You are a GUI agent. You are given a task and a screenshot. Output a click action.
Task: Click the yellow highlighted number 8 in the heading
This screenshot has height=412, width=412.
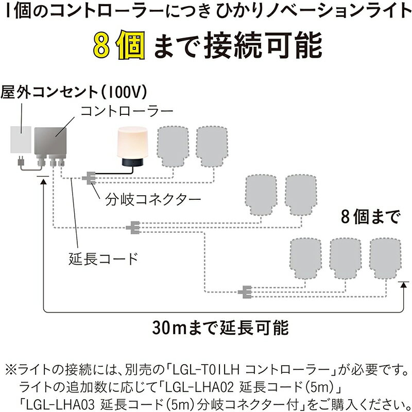coord(101,45)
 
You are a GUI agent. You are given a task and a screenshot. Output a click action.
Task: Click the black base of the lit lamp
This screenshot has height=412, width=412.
coord(132,162)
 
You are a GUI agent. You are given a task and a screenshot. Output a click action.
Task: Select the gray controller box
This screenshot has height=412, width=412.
coord(50,141)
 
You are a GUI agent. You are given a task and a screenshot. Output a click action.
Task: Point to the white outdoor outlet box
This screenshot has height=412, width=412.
coord(21,140)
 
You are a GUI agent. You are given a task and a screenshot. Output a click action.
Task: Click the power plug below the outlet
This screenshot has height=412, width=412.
coord(20,162)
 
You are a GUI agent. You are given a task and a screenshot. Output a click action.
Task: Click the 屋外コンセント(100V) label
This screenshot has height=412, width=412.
coord(74,92)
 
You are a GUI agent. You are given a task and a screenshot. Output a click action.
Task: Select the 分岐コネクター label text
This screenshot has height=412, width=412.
coord(153,200)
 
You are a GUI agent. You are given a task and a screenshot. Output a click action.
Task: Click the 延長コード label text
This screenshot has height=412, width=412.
coord(104,259)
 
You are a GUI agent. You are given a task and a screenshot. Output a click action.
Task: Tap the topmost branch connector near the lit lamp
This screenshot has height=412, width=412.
coord(89,178)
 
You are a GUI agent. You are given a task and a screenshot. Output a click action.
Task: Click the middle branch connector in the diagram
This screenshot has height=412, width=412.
coord(133,227)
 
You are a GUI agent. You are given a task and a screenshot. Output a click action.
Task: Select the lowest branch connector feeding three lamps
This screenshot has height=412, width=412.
coord(245,291)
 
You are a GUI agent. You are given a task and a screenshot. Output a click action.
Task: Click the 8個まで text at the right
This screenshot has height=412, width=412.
coord(371,217)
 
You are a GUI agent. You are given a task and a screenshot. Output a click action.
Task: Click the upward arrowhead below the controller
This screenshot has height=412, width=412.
coord(43,181)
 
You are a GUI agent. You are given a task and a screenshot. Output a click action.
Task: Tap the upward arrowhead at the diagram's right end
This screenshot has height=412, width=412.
coord(404,285)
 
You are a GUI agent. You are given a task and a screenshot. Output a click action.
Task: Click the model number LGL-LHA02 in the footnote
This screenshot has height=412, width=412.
coord(199,387)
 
